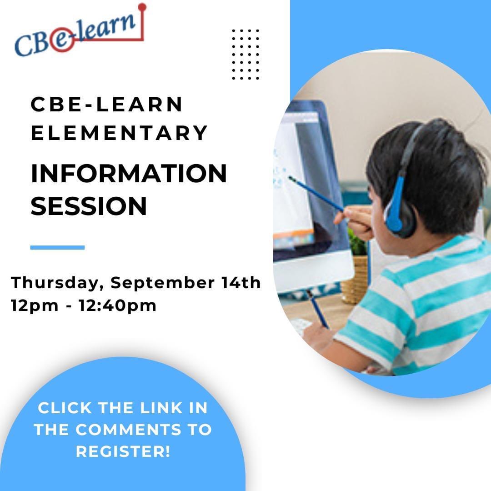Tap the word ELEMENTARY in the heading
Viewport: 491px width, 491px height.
119,133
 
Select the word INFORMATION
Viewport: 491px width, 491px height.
129,174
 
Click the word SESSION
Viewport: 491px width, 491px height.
89,206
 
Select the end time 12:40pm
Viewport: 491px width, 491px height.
117,306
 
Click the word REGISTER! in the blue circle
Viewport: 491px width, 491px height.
123,452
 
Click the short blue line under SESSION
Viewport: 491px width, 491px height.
57,247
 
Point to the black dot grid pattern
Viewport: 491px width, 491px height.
245,54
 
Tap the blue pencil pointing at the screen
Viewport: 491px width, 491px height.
316,194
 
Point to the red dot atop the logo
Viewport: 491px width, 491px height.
142,7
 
